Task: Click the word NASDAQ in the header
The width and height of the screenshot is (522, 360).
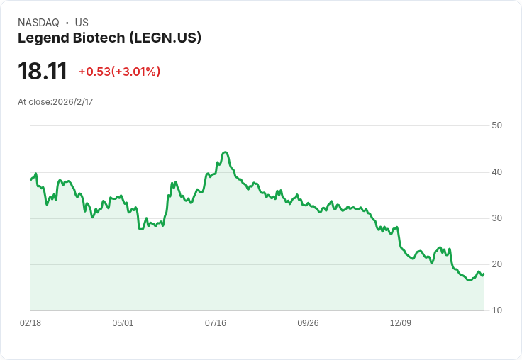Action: click(x=38, y=23)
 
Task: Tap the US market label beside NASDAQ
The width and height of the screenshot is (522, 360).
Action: click(x=82, y=23)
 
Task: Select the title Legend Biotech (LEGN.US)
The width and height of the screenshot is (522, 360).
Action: click(x=109, y=38)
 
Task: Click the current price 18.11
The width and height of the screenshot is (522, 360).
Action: click(x=43, y=72)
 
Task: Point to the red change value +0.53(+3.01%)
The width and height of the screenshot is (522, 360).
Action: click(x=119, y=72)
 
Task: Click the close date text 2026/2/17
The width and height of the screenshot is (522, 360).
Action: click(x=73, y=102)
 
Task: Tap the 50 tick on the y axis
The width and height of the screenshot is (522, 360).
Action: click(x=496, y=125)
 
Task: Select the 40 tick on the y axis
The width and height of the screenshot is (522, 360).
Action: click(x=496, y=171)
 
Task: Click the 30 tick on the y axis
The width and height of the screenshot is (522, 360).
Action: click(x=496, y=218)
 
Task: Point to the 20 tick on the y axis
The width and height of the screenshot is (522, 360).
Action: click(x=496, y=264)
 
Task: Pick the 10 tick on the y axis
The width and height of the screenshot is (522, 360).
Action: click(x=496, y=310)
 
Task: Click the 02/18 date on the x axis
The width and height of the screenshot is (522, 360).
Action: click(x=30, y=323)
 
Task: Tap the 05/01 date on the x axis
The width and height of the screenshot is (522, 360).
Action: click(x=123, y=323)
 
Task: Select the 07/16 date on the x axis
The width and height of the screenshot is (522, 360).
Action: click(x=216, y=323)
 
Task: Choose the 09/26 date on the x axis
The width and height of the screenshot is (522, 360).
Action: click(x=308, y=323)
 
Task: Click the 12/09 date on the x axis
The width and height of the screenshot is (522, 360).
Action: click(x=401, y=323)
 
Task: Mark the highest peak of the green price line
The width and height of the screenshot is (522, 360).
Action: click(x=225, y=152)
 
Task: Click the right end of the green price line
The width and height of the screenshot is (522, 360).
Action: click(x=484, y=274)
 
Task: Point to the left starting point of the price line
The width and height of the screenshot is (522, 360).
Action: click(x=30, y=179)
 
